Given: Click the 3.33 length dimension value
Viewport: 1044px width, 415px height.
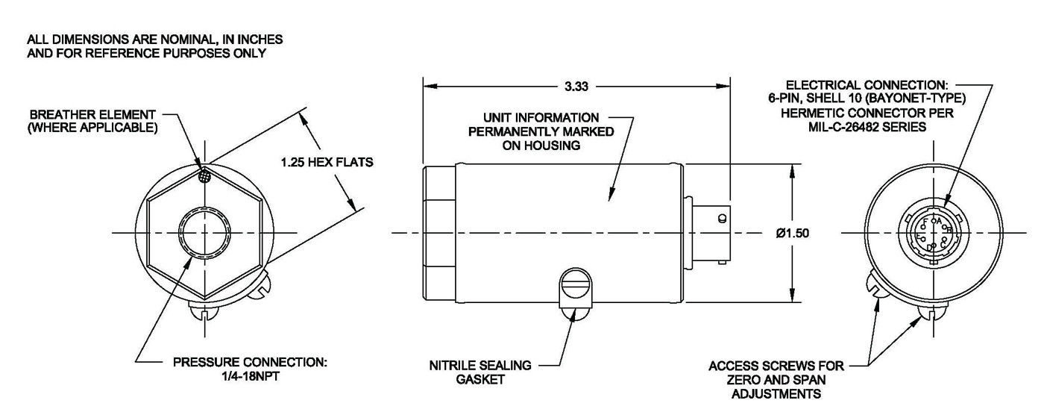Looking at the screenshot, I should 576,87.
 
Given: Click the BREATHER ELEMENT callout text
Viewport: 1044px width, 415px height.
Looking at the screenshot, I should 92,121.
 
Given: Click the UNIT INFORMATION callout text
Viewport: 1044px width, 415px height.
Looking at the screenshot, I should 541,131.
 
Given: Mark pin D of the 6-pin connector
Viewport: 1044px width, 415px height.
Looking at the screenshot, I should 929,247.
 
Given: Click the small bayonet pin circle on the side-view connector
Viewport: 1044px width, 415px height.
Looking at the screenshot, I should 721,219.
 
